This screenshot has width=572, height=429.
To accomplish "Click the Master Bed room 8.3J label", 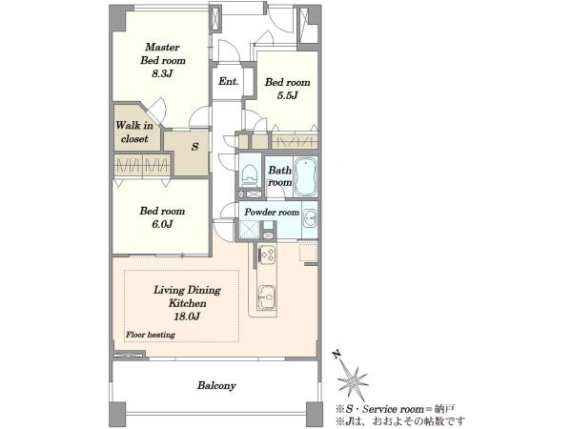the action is [163, 60].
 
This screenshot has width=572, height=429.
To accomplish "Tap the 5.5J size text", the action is [288, 95].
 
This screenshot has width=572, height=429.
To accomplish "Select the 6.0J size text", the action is [162, 224].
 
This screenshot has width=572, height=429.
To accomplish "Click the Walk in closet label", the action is [134, 133].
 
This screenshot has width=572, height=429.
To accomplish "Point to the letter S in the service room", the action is [195, 147].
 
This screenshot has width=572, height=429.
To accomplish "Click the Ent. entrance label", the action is [229, 81].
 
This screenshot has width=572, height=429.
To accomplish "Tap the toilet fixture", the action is [250, 174].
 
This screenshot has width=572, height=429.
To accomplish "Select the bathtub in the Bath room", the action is [305, 176].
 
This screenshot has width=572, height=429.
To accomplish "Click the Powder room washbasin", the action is [310, 218].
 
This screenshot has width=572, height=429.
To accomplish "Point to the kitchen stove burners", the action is [267, 254].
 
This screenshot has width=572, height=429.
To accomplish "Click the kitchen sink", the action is [267, 296].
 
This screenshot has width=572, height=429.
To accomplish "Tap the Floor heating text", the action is [151, 335].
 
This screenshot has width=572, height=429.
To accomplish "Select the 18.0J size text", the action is [187, 317].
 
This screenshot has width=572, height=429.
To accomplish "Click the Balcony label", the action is [216, 385].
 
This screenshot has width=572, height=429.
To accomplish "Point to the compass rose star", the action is [353, 381].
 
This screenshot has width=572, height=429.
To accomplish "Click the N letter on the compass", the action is [337, 354].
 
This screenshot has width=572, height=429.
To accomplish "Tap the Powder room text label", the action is [272, 212].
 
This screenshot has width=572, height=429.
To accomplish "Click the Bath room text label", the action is [279, 175].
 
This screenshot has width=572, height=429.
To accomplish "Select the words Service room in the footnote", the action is [393, 409].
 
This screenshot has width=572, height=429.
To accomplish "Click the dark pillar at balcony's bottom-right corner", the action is [314, 414].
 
